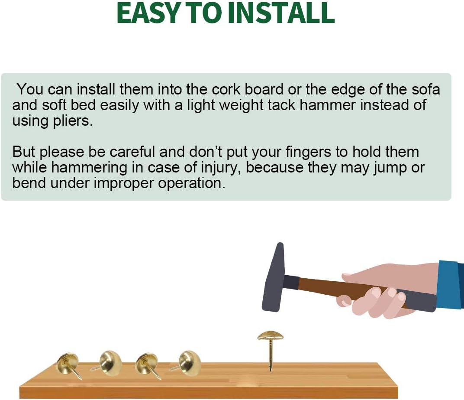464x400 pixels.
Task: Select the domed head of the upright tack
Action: [x=270, y=336]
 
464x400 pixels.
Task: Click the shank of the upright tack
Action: [x=270, y=355]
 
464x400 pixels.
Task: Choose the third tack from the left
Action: [x=147, y=364]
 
